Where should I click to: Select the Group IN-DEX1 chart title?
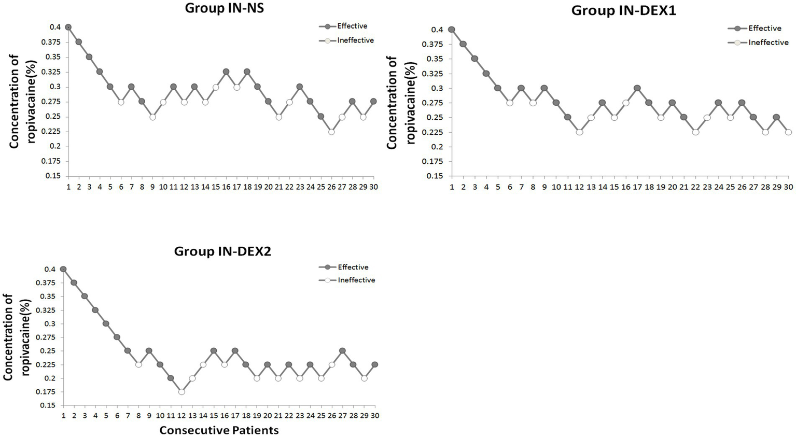[623, 10]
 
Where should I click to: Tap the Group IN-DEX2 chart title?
[222, 251]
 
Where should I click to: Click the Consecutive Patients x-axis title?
[219, 430]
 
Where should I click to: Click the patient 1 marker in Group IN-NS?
[68, 27]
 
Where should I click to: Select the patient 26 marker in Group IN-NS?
[331, 132]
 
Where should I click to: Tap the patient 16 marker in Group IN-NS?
[226, 72]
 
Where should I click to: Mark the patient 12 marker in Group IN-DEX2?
[181, 392]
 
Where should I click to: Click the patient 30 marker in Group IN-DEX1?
[788, 132]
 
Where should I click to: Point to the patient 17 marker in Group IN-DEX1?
[637, 88]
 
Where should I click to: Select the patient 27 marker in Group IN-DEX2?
[342, 351]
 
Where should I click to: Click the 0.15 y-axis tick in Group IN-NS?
[52, 176]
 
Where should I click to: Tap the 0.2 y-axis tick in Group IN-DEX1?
[436, 147]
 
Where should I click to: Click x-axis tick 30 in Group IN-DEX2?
[374, 416]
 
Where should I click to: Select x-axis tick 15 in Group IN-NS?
[216, 186]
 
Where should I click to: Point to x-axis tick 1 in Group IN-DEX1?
[452, 187]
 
